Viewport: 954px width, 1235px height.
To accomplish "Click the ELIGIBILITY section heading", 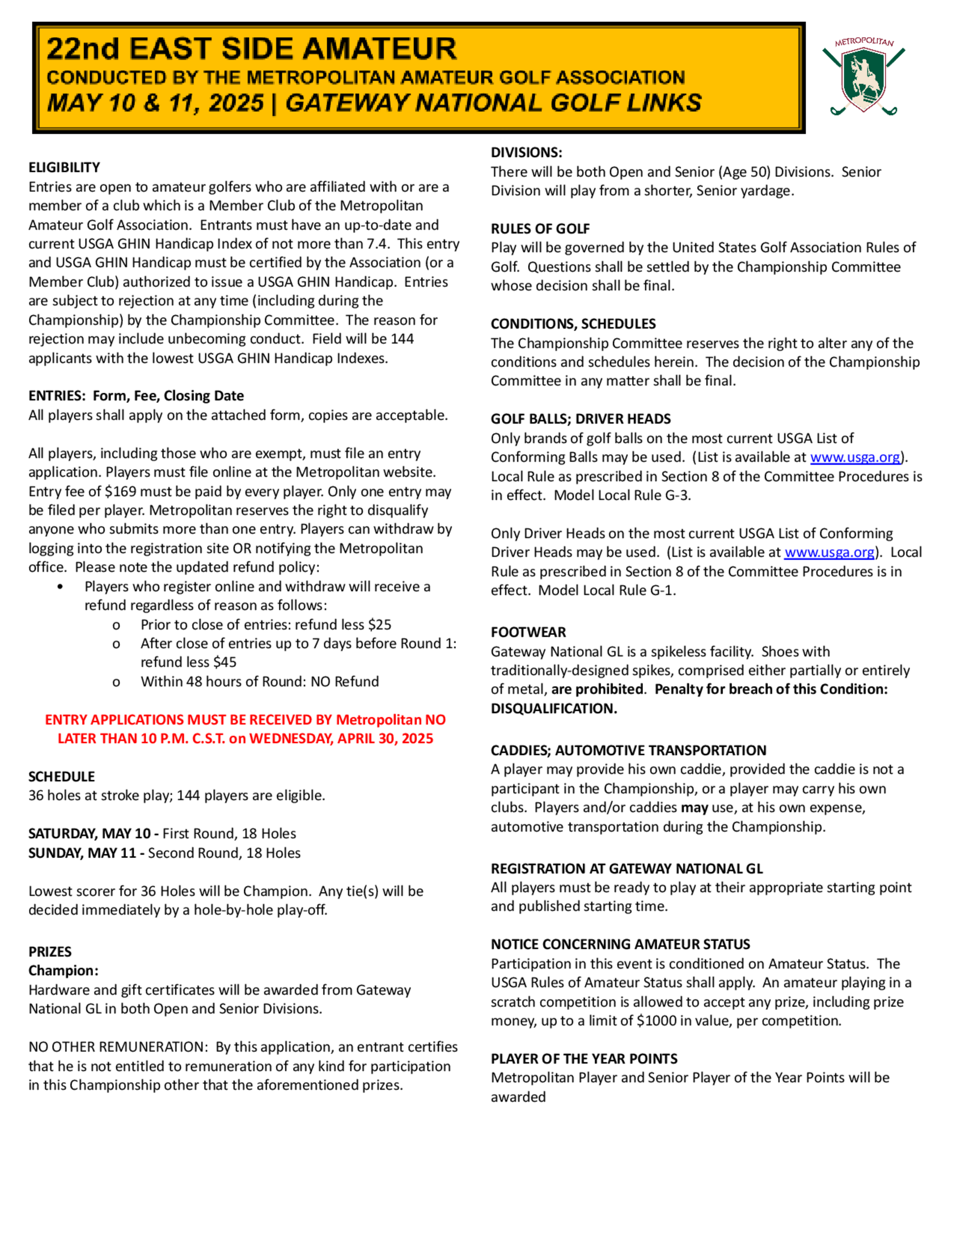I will pos(64,167).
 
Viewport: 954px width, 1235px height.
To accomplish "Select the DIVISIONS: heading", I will pos(526,153).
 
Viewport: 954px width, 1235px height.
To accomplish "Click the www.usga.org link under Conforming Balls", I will pos(854,457).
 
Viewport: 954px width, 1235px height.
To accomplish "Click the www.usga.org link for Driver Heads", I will pos(829,552).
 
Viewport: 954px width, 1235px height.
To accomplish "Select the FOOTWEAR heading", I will pos(529,632).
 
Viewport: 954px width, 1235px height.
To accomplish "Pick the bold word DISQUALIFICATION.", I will pos(553,709).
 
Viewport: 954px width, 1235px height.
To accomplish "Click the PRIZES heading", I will pos(50,952).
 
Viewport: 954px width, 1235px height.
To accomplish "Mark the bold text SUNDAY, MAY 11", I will pos(83,853).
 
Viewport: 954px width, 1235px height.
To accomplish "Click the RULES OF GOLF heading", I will pos(540,229).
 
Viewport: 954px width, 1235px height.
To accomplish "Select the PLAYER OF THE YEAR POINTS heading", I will pos(584,1058).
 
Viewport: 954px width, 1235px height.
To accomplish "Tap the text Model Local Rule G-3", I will pos(622,495).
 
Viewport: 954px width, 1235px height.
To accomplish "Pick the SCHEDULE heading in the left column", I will pos(62,776).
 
